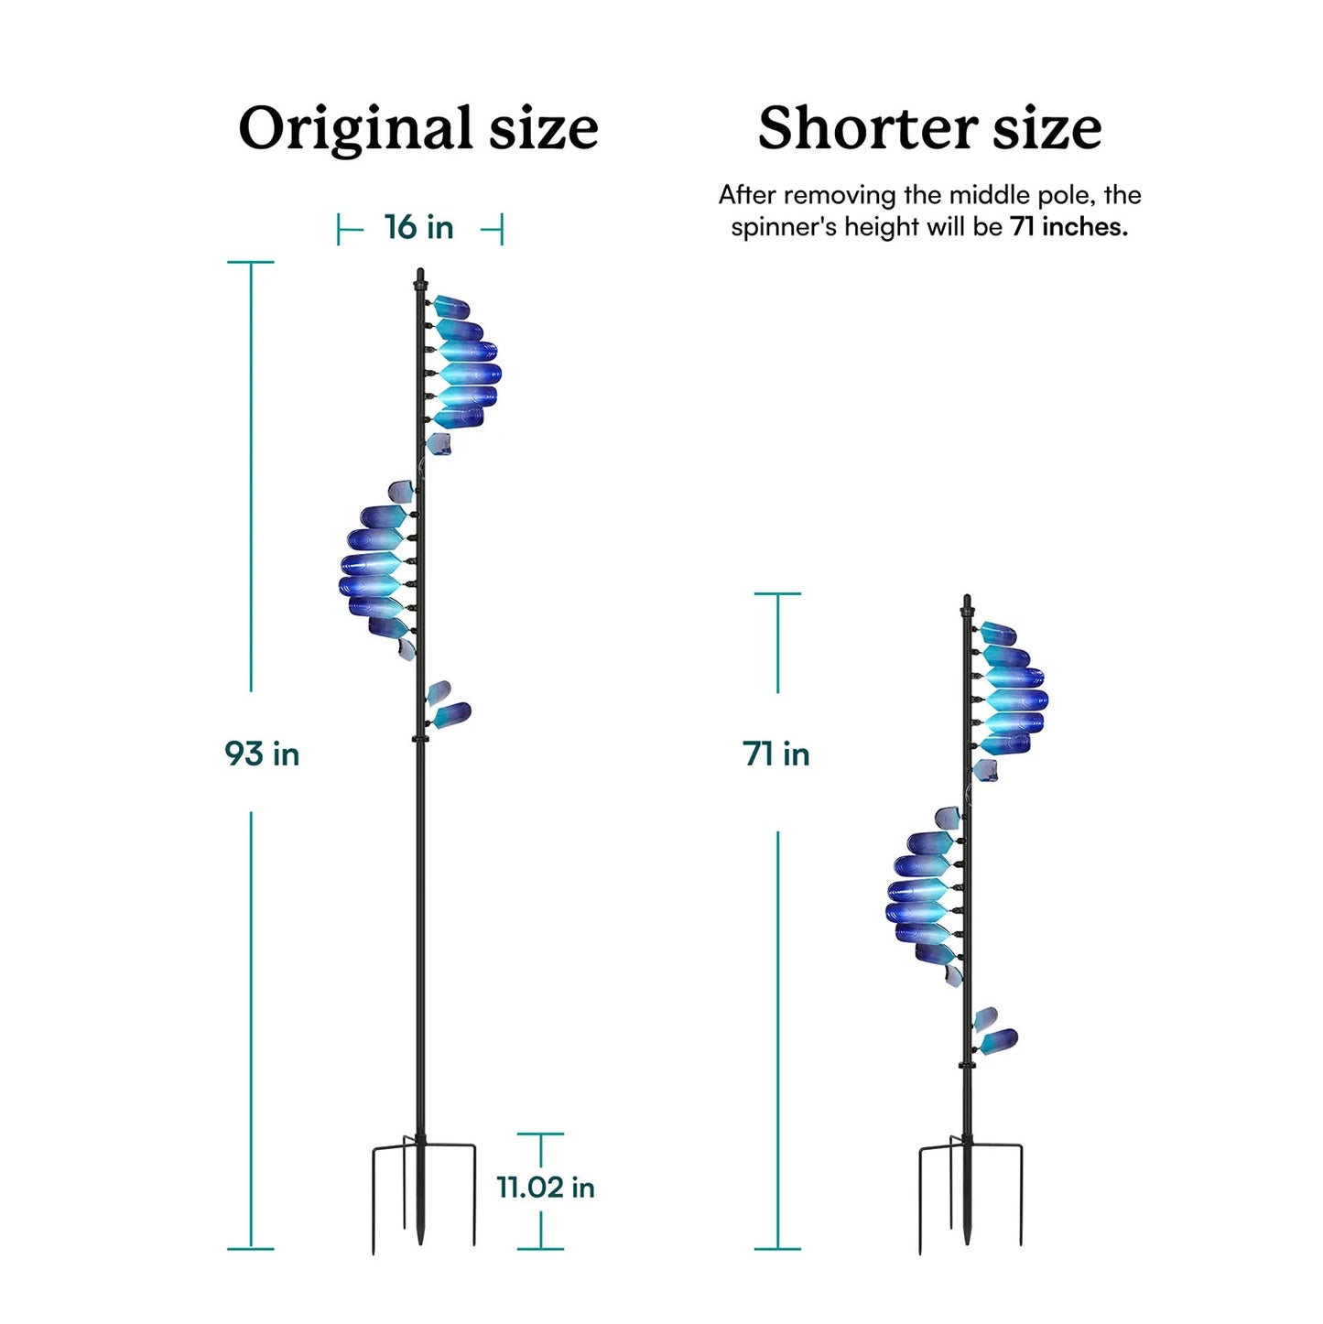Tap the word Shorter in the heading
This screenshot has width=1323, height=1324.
point(868,128)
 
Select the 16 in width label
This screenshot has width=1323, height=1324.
point(418,227)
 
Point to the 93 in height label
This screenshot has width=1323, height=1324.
point(262,754)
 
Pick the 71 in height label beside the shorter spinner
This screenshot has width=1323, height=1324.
point(775,754)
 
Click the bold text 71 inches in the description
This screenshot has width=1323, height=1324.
point(1068,227)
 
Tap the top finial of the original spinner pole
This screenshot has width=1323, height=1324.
point(420,277)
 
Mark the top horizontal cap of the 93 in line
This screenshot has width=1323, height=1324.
point(251,262)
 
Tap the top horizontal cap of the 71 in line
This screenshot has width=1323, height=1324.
point(777,593)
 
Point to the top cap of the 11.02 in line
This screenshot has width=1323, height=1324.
point(540,1134)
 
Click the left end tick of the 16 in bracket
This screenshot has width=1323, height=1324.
point(339,229)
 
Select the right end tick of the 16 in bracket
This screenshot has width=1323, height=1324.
point(502,229)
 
